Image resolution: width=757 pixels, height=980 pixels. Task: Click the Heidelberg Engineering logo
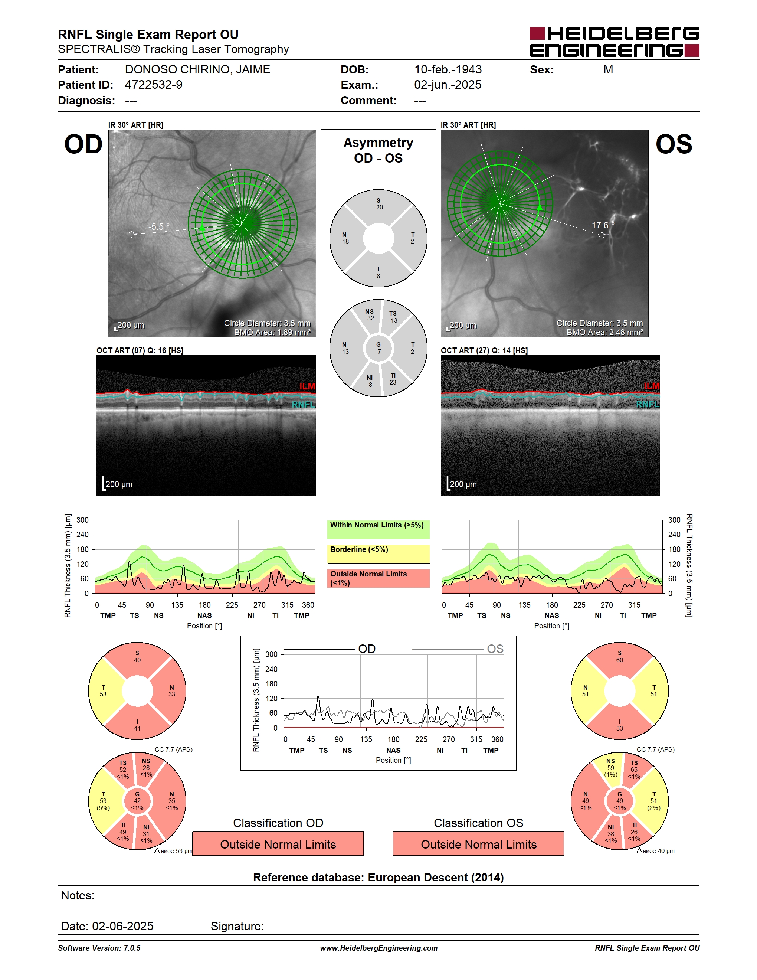(x=615, y=42)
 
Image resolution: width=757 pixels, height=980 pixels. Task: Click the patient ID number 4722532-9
(x=153, y=85)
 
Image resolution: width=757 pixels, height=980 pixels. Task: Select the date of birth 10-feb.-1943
(x=448, y=69)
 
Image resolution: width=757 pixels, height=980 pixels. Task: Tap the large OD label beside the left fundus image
(x=83, y=144)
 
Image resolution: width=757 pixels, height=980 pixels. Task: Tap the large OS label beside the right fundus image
(x=674, y=144)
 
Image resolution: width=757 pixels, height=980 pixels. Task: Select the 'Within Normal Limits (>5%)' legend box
(x=378, y=529)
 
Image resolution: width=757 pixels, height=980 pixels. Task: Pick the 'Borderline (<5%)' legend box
(x=378, y=554)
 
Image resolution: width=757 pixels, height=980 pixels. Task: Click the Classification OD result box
(x=278, y=844)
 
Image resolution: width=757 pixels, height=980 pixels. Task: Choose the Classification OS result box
(x=479, y=844)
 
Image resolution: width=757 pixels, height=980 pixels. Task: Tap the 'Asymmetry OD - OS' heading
(x=378, y=150)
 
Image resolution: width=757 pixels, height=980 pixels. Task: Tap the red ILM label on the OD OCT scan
(x=307, y=386)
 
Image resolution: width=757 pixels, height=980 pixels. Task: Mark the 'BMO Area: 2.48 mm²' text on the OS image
(x=604, y=332)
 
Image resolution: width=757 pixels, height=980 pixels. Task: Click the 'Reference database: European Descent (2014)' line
(x=378, y=877)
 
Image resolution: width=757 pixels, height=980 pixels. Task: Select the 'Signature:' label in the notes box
(x=237, y=926)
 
